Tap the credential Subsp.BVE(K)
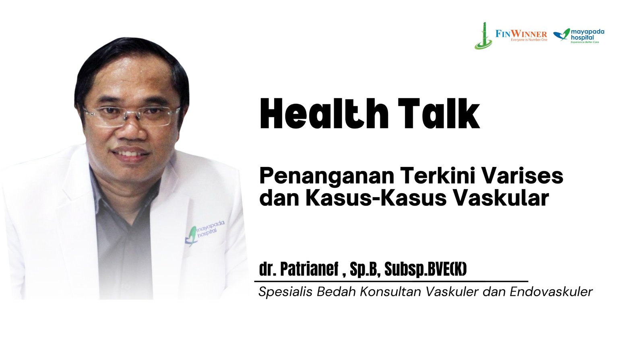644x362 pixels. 425,269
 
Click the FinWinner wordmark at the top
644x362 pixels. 521,35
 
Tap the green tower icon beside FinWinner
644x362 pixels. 484,36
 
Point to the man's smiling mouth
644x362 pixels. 130,152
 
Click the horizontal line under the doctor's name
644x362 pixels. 391,281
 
